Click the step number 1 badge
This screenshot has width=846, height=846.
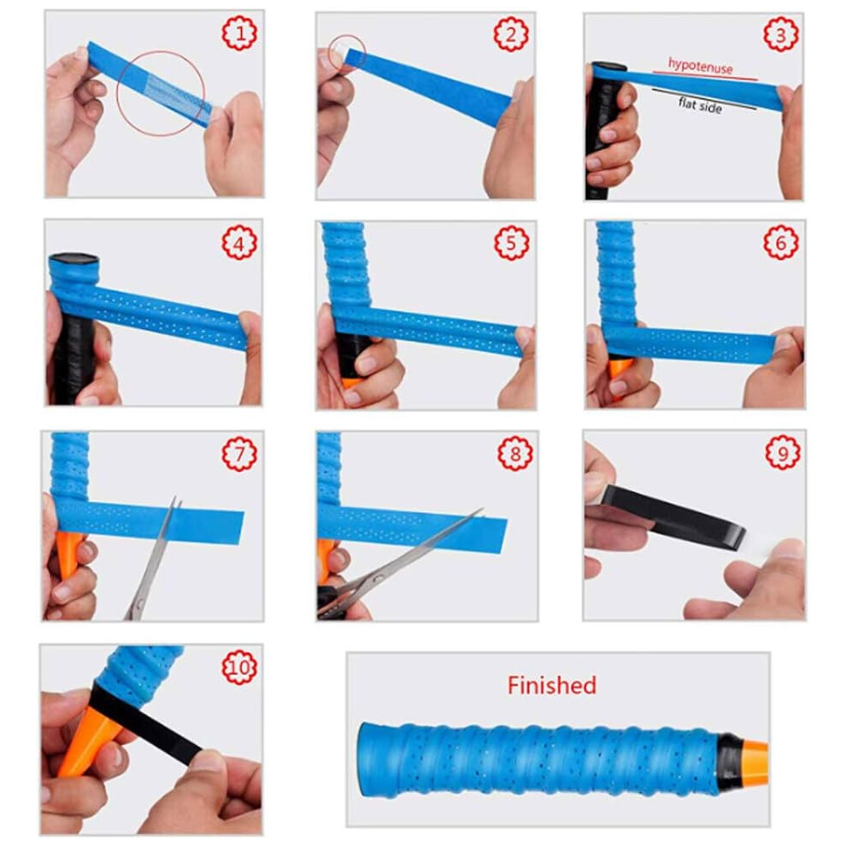coord(239,33)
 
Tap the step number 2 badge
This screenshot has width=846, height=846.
coord(511,34)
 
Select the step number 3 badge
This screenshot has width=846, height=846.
coord(781,34)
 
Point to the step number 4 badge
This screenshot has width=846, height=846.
coord(239,243)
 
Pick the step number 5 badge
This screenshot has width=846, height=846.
coord(512,243)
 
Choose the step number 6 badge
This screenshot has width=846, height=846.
coord(781,243)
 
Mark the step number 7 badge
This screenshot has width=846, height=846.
coord(240,453)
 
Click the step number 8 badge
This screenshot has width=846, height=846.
coord(515,453)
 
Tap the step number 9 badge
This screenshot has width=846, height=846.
coord(783,452)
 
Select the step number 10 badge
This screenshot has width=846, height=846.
coord(239,667)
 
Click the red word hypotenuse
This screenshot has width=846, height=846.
coord(701,66)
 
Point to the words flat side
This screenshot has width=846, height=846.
coord(701,104)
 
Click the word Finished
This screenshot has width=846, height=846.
coord(552,685)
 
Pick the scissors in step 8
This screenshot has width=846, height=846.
coord(399,564)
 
